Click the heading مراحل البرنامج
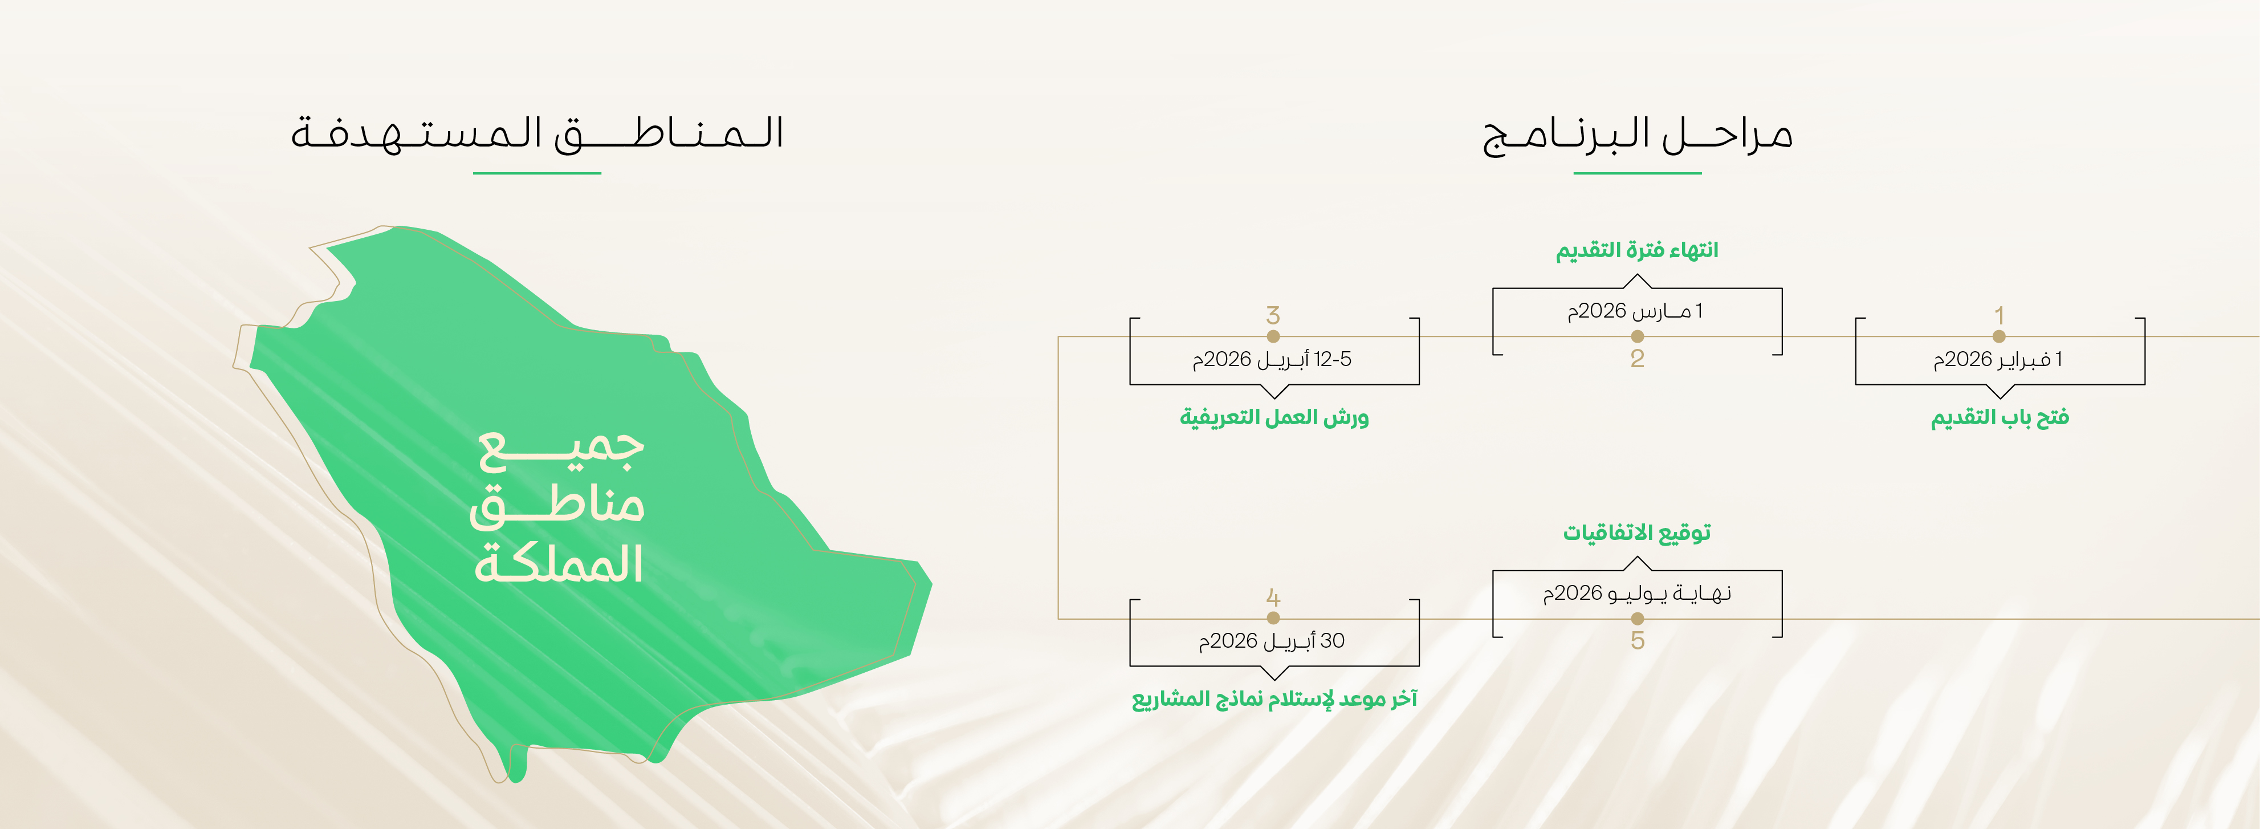click(x=1637, y=134)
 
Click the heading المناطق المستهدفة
click(x=537, y=133)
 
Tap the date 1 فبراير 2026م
click(x=1998, y=360)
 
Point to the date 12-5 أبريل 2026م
click(x=1272, y=360)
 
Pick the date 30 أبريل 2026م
click(x=1272, y=641)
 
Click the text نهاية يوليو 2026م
click(x=1637, y=594)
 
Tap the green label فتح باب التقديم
click(x=2000, y=417)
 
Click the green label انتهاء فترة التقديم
click(x=1637, y=251)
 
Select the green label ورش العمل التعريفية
click(x=1274, y=417)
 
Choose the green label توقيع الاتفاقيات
click(x=1637, y=533)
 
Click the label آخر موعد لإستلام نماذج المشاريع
click(x=1274, y=699)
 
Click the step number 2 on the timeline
click(x=1637, y=358)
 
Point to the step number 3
click(x=1273, y=315)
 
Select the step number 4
click(x=1273, y=598)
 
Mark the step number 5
click(x=1637, y=640)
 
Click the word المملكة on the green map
click(x=559, y=563)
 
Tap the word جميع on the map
click(x=561, y=448)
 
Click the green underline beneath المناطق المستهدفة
click(x=537, y=173)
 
